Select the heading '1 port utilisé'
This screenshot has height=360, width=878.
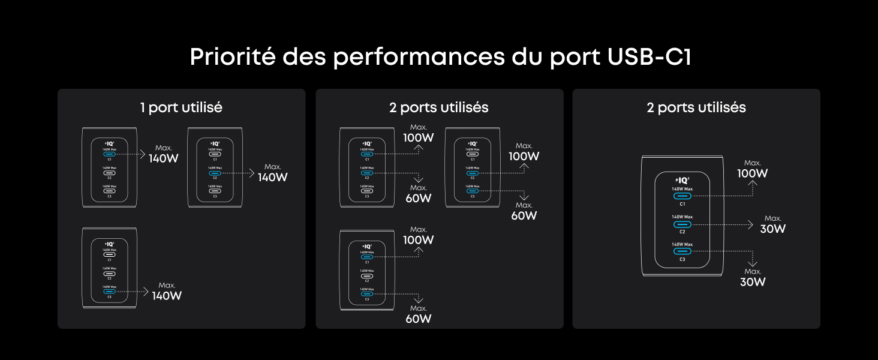click(181, 107)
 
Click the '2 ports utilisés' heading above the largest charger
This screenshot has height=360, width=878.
click(696, 107)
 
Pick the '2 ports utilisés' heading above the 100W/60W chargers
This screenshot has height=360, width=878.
click(438, 107)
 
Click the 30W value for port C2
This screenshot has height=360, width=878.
click(772, 229)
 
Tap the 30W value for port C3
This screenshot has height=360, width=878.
click(753, 281)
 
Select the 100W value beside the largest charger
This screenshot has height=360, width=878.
click(753, 173)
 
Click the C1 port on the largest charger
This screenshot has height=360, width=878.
click(682, 196)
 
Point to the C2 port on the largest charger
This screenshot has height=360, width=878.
click(682, 224)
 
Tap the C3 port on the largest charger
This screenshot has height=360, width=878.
click(682, 251)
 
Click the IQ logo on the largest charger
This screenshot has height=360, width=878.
click(682, 179)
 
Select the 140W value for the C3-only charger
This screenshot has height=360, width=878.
click(167, 296)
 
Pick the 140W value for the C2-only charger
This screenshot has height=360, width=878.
click(273, 177)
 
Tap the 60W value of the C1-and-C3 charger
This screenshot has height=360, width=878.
click(419, 319)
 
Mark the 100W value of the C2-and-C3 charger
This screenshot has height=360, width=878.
click(524, 156)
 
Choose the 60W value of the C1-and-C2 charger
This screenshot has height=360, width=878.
click(419, 198)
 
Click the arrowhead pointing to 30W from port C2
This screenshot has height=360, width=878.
click(750, 224)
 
